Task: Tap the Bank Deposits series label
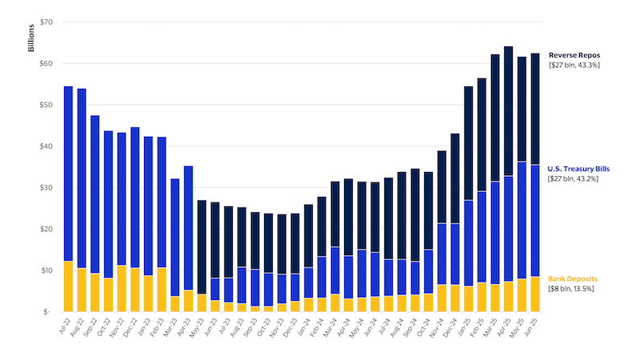[572, 278]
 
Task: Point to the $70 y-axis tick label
[46, 22]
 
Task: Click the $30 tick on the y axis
[46, 187]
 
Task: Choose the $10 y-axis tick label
[46, 270]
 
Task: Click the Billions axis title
[31, 38]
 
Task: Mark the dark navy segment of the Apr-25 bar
[509, 111]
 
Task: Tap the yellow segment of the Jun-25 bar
[535, 294]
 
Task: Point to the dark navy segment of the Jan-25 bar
[469, 143]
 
